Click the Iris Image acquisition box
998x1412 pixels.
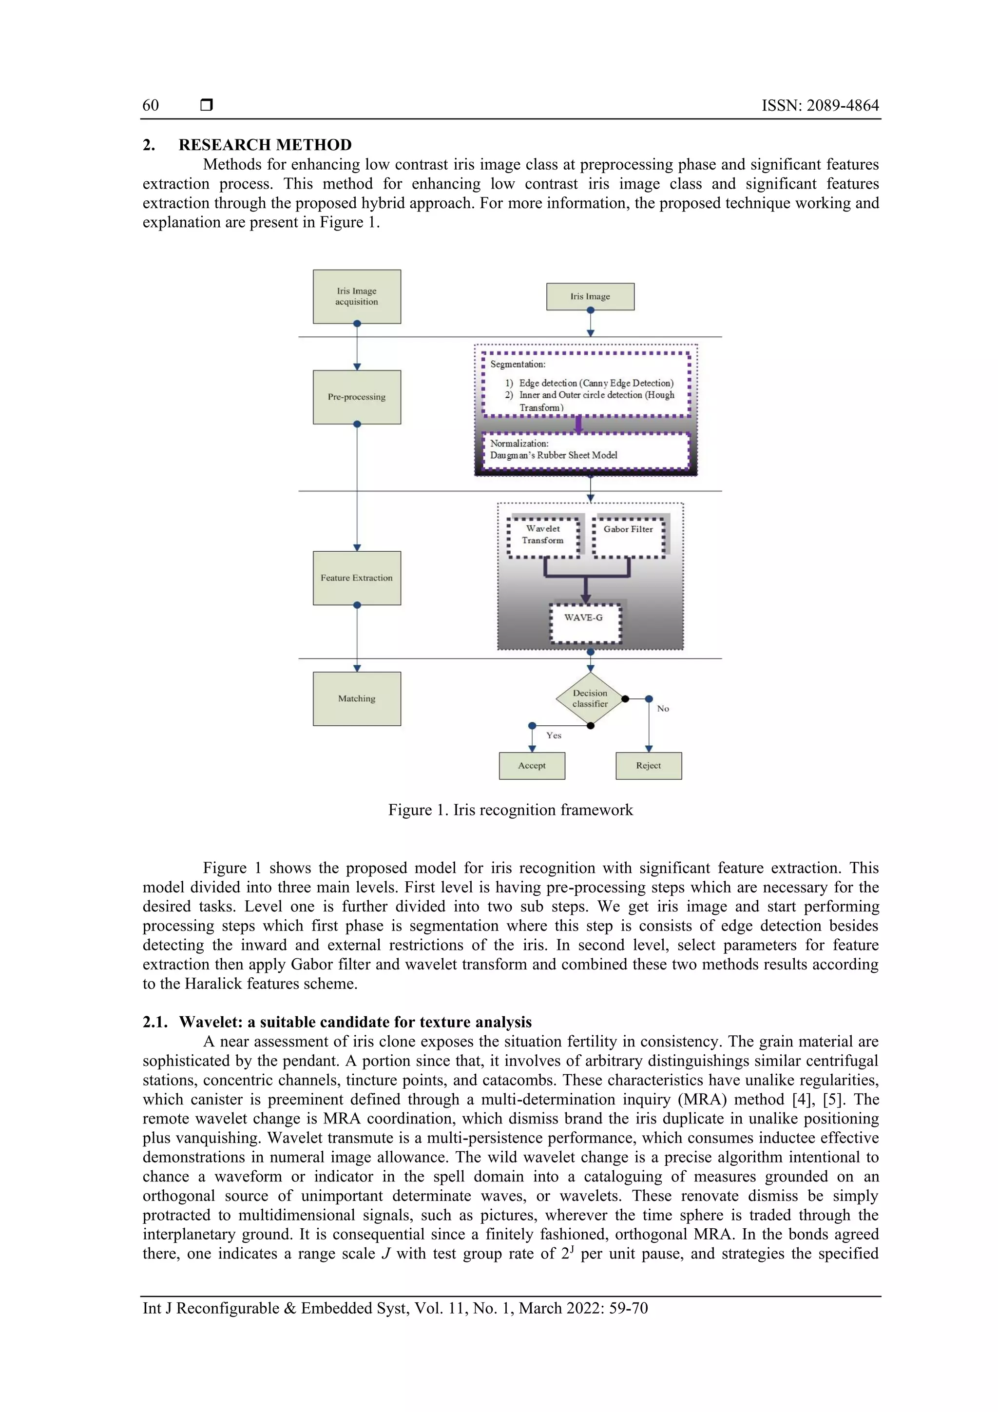(x=357, y=296)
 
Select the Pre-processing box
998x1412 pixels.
(x=357, y=397)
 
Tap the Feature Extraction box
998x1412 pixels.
(x=357, y=578)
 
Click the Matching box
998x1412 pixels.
(x=357, y=698)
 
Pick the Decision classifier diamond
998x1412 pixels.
(x=590, y=698)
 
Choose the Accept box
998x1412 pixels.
(x=532, y=766)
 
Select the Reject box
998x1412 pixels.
(x=649, y=766)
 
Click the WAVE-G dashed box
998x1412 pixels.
(x=585, y=623)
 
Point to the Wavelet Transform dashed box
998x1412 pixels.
(x=543, y=537)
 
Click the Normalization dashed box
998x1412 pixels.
(x=585, y=450)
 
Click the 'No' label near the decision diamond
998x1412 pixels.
(x=663, y=709)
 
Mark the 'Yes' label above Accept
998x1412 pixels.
(x=554, y=735)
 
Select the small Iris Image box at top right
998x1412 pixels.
(x=590, y=296)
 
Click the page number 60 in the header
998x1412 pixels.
(x=151, y=105)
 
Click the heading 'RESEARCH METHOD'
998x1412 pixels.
(x=265, y=145)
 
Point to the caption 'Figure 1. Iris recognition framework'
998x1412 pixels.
(x=510, y=810)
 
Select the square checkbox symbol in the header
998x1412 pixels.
(x=207, y=105)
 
